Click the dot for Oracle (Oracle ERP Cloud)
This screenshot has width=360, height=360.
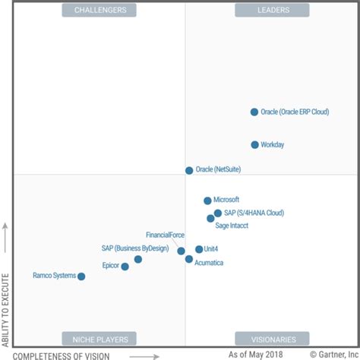click(254, 112)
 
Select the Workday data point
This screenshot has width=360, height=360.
click(254, 144)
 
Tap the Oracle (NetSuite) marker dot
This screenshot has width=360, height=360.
click(189, 170)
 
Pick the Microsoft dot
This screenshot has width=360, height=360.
click(207, 201)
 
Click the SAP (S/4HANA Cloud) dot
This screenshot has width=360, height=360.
click(218, 213)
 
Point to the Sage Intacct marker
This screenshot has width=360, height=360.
click(210, 219)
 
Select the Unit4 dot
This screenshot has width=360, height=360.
click(199, 249)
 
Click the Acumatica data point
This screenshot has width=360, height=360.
click(189, 259)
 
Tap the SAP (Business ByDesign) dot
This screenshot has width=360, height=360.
click(137, 259)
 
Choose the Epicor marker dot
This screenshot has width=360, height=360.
click(125, 267)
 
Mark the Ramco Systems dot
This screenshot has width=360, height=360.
click(81, 276)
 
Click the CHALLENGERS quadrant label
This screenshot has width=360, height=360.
click(100, 10)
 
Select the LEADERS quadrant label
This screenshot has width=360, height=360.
click(272, 10)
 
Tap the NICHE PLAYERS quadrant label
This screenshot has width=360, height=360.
click(100, 339)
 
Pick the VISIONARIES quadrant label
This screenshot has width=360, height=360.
click(272, 339)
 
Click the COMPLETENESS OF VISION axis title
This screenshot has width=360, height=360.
click(62, 355)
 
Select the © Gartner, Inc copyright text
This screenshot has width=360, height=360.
click(333, 354)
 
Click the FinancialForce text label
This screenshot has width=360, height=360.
click(165, 235)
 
